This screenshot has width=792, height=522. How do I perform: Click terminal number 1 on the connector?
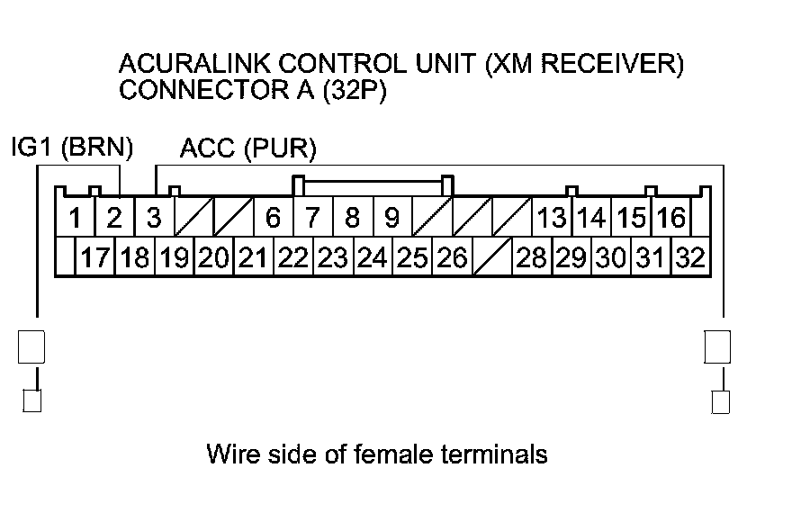click(x=76, y=219)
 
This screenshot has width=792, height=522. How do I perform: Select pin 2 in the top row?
click(x=114, y=219)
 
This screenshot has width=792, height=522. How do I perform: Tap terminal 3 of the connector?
click(x=154, y=219)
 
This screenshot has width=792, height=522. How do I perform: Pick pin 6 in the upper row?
click(x=273, y=219)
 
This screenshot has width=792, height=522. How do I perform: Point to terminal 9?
click(x=391, y=219)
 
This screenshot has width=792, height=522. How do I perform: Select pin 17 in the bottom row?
click(x=94, y=259)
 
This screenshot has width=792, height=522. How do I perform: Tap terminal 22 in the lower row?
click(x=292, y=259)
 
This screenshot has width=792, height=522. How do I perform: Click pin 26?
click(x=451, y=259)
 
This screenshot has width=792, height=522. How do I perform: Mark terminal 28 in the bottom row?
click(x=531, y=259)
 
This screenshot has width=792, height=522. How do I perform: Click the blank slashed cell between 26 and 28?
click(x=491, y=259)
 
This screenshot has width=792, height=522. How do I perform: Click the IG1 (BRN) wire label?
click(x=71, y=147)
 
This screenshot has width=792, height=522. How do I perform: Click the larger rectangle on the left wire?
click(x=31, y=346)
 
